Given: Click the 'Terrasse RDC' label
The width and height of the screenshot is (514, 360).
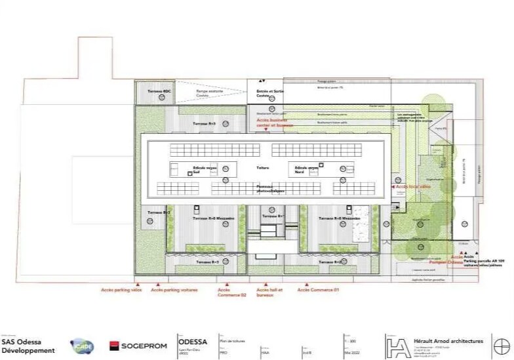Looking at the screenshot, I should click(159, 90).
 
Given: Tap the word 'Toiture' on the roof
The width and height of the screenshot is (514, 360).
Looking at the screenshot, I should click(263, 168).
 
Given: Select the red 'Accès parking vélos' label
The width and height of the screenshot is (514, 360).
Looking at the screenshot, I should click(121, 289).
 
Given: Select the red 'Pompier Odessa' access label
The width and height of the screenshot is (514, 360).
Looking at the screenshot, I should click(446, 262).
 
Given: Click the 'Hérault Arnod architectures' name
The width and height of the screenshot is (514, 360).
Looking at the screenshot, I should click(448, 341).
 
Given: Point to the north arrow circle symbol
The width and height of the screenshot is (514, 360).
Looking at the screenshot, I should click(502, 346).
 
